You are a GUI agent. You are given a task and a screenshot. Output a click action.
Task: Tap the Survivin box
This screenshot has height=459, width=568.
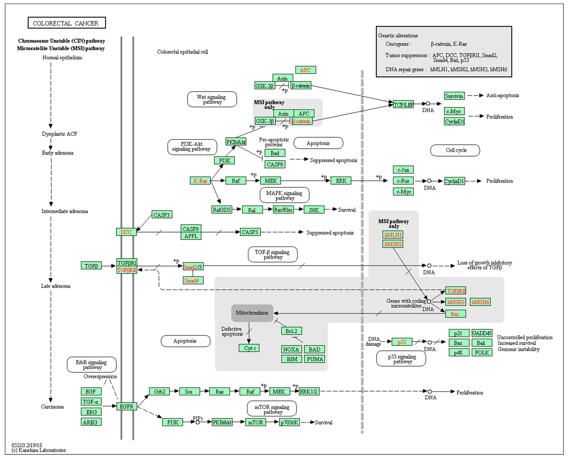point(454,96)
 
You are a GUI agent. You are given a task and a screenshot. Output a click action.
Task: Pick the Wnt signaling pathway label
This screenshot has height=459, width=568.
point(212,99)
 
